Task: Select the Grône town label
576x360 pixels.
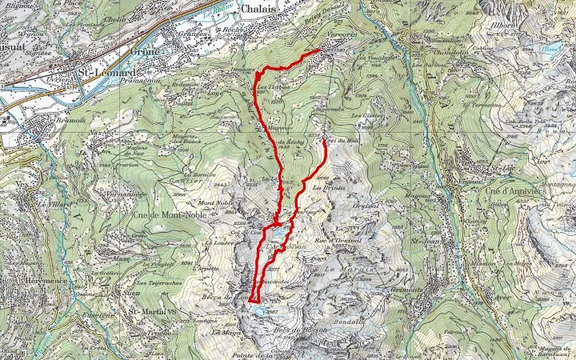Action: click(x=146, y=50)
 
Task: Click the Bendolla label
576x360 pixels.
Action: click(x=349, y=322)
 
